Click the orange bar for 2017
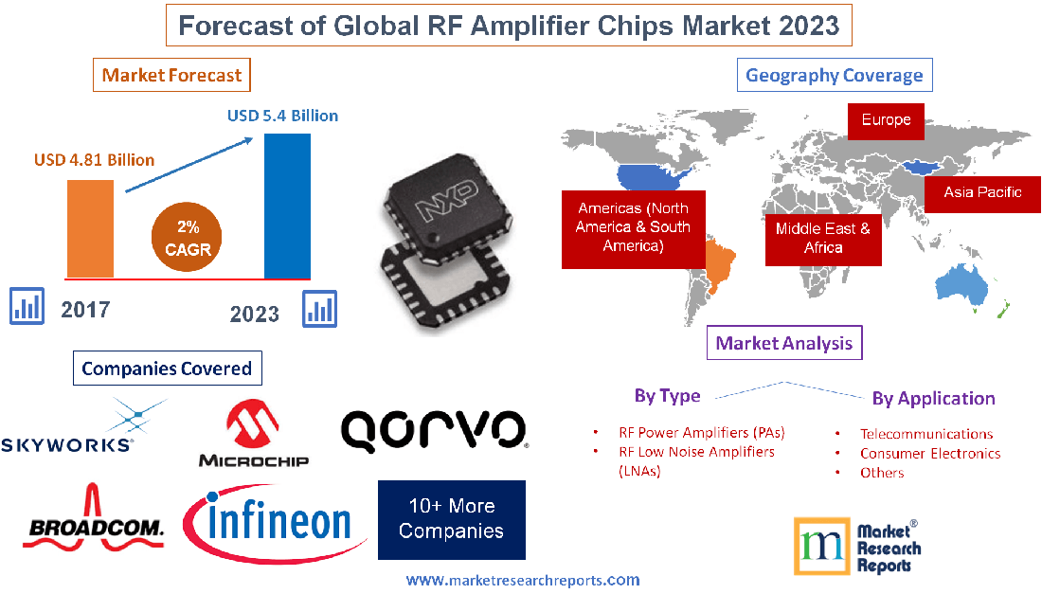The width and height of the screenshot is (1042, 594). coord(90,227)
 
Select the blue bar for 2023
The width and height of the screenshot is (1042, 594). coord(287,206)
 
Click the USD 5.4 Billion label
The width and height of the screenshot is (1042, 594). coord(282,116)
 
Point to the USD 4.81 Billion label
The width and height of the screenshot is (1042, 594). coord(94,159)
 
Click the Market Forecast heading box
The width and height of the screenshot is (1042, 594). coord(171,75)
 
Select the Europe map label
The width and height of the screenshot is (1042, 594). coord(886,120)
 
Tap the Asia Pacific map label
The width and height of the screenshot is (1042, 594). coord(982,192)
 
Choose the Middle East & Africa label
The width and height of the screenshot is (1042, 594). coord(822,237)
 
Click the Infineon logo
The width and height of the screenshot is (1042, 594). coord(276,522)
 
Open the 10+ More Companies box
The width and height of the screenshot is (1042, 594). coord(451,519)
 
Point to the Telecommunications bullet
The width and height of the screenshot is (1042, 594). coord(925,434)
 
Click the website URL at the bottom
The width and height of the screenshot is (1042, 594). coord(523,580)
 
